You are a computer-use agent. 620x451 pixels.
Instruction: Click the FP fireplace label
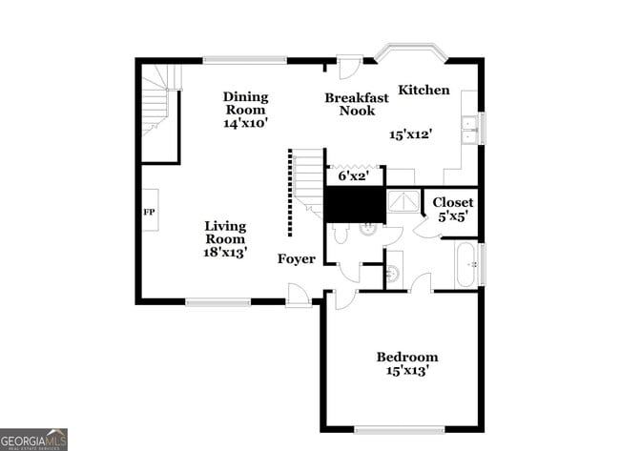(149, 212)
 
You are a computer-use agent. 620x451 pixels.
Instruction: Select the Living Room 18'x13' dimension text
(225, 253)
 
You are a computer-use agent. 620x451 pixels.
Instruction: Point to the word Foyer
(296, 259)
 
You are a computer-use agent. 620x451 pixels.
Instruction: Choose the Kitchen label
(424, 90)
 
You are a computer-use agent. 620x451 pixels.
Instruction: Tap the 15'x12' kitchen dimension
(411, 135)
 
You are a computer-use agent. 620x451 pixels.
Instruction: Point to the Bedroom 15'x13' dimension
(407, 370)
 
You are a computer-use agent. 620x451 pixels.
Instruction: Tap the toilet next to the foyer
(341, 234)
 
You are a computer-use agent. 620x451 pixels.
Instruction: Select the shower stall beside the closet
(403, 202)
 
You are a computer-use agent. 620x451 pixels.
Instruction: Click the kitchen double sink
(468, 130)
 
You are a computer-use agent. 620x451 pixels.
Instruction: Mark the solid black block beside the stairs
(354, 204)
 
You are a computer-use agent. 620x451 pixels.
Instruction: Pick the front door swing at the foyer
(299, 297)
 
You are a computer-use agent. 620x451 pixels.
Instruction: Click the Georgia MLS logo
(33, 439)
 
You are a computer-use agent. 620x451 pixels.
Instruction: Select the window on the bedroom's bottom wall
(399, 428)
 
